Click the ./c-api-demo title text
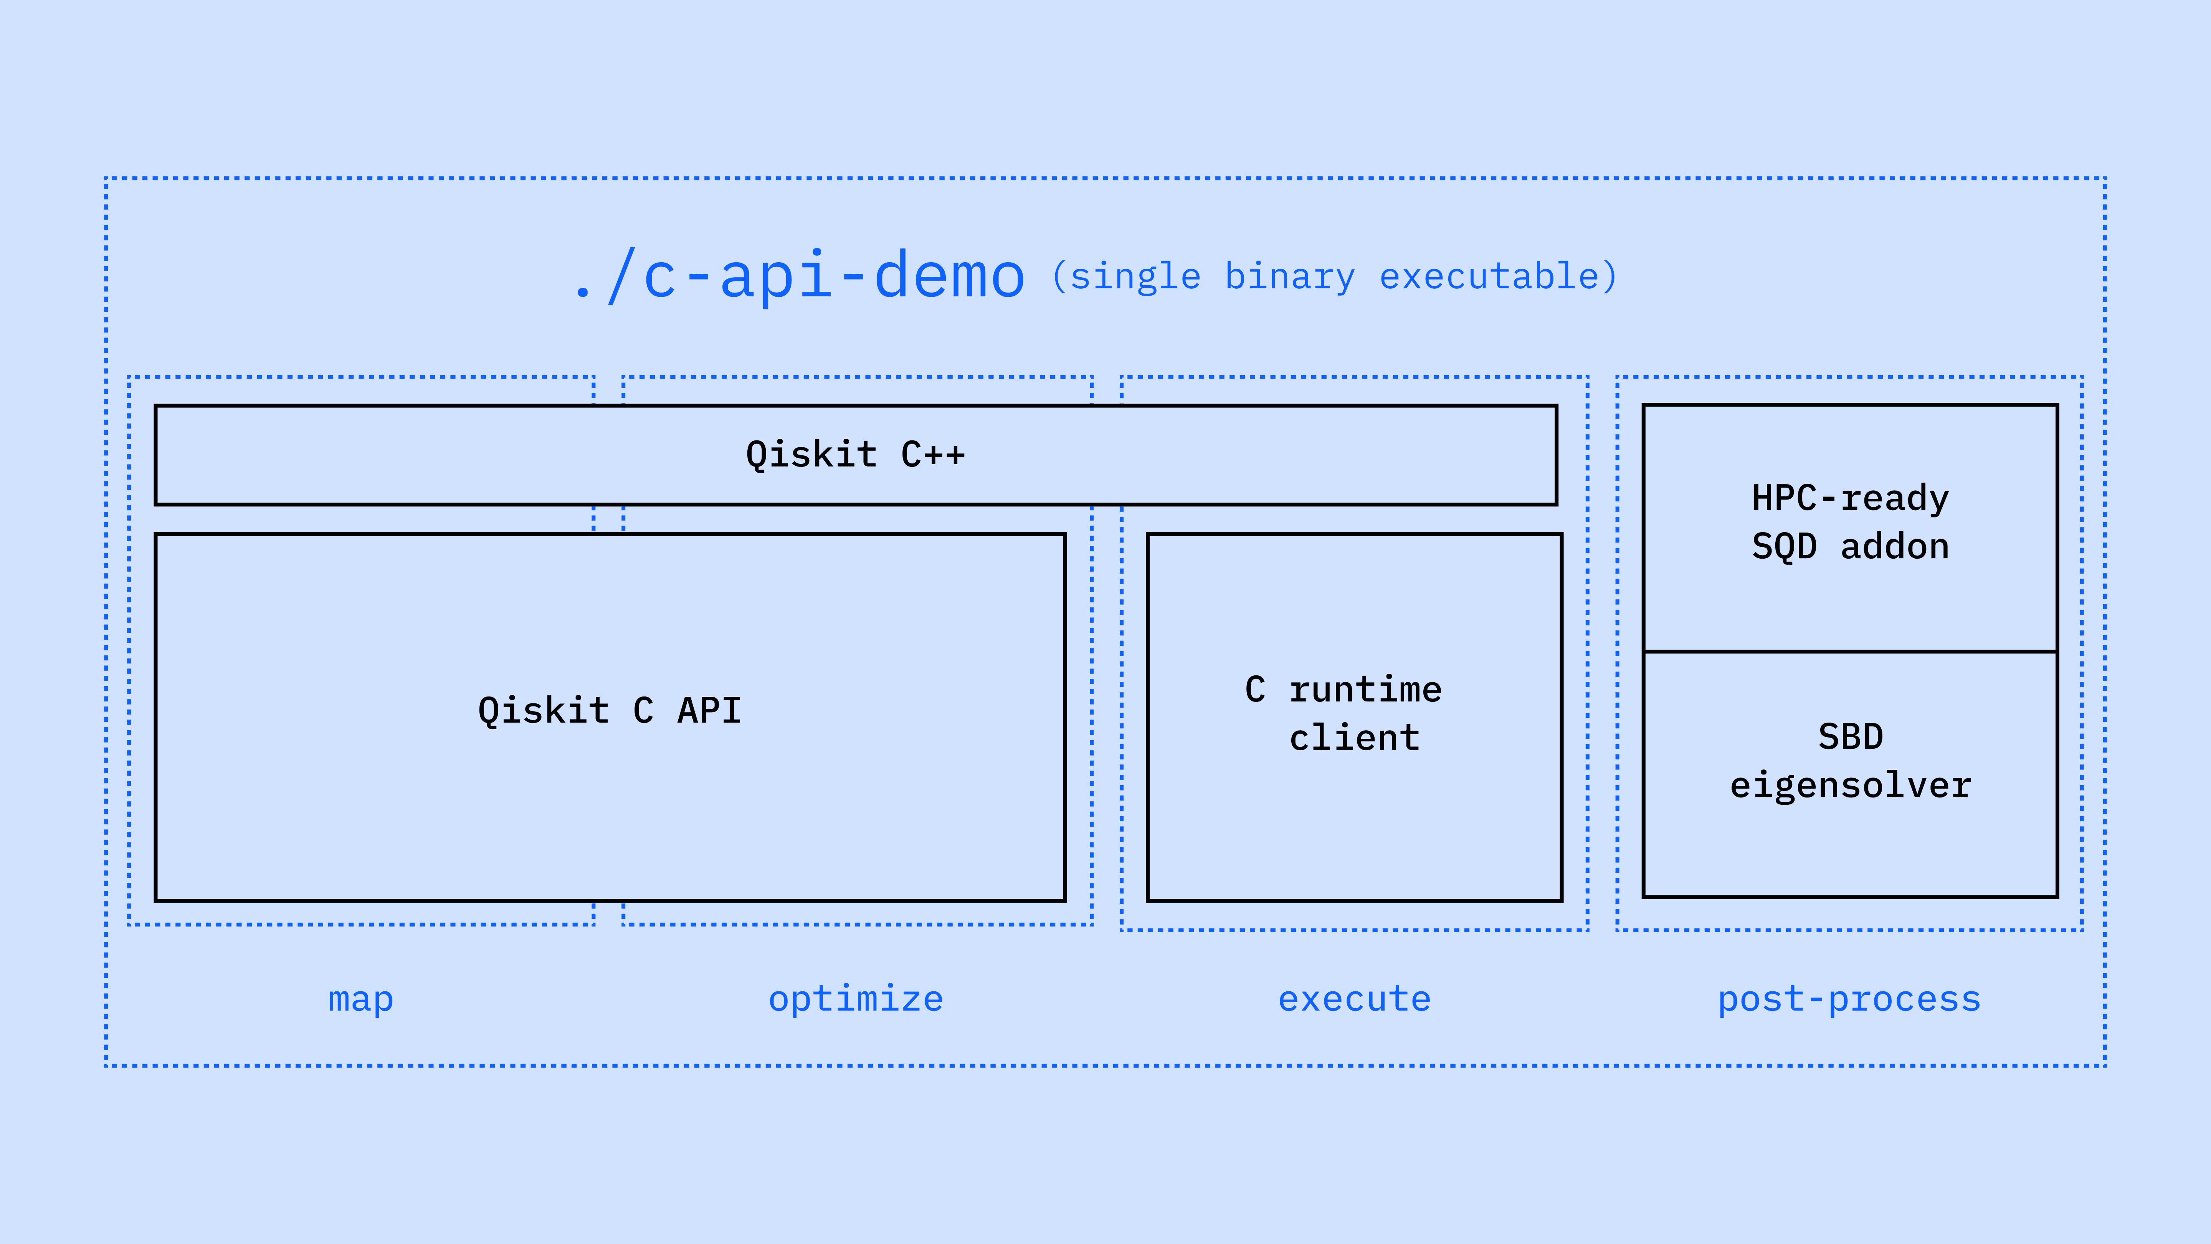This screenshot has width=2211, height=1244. pyautogui.click(x=800, y=276)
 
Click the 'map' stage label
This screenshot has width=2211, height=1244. pyautogui.click(x=360, y=999)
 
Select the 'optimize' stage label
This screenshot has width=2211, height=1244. pyautogui.click(x=856, y=999)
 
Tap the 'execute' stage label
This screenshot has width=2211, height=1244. pyautogui.click(x=1354, y=999)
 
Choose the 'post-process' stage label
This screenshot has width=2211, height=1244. pyautogui.click(x=1849, y=999)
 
